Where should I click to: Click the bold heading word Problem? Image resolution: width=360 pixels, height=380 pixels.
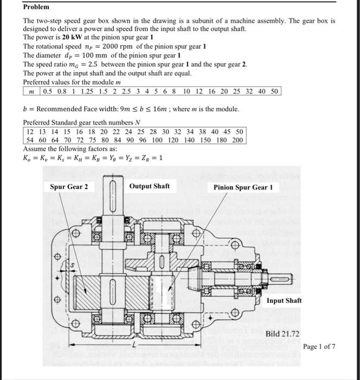pos(36,7)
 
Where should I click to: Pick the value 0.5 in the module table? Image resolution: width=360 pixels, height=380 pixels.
pos(49,91)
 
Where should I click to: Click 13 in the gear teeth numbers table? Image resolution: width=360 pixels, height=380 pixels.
pos(46,131)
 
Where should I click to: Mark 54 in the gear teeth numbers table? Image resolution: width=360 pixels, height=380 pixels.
pos(32,140)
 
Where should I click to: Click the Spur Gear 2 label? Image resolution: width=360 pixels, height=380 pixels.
pos(69,187)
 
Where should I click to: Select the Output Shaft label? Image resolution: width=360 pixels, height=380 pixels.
pos(150,186)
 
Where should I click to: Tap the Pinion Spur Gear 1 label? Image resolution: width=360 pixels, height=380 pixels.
pos(243,187)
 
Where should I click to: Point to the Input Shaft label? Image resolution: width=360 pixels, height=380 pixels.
pos(284,300)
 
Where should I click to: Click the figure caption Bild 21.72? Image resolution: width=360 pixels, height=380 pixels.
pos(283,333)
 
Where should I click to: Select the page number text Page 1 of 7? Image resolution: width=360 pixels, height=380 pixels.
pos(319,346)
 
